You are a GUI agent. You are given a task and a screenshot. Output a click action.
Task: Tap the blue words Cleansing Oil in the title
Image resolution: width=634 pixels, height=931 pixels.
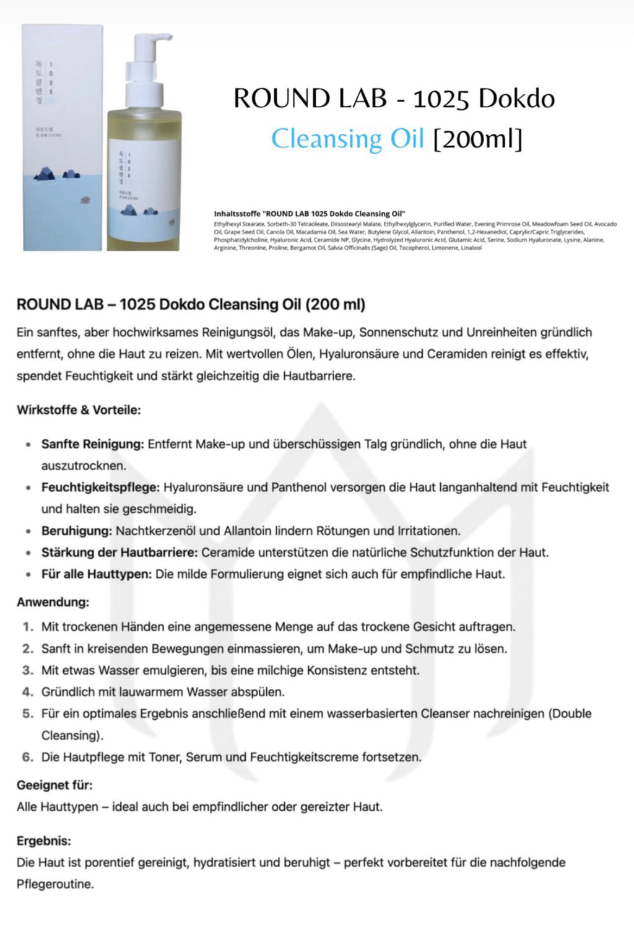[x=347, y=138]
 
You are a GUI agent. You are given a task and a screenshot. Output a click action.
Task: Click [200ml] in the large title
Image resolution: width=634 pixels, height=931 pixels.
[x=477, y=138]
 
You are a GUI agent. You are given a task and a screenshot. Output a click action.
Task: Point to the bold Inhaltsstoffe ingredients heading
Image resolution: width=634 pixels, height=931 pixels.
[x=310, y=214]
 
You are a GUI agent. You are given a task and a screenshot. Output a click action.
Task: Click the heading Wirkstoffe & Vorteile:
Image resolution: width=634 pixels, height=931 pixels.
[x=79, y=410]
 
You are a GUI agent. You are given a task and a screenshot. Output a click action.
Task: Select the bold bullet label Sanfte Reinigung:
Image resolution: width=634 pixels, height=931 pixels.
[x=92, y=444]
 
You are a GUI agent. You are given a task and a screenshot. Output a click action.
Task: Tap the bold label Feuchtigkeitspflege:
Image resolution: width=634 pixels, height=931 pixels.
[x=100, y=487]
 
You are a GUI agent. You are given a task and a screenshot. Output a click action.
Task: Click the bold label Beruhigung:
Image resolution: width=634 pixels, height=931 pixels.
[x=77, y=531]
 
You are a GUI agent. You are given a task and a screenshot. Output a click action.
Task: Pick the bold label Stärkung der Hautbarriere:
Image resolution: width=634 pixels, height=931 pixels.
[x=119, y=553]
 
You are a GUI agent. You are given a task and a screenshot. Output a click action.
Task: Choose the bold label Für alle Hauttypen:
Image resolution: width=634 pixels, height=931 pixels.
[x=96, y=574]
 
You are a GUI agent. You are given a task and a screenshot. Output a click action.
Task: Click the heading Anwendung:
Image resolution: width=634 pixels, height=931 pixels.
[x=53, y=602]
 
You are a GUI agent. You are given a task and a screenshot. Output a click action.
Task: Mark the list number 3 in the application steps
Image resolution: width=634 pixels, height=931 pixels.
[x=27, y=670]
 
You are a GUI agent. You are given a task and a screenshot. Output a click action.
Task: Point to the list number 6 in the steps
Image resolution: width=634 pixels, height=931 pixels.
[x=27, y=757]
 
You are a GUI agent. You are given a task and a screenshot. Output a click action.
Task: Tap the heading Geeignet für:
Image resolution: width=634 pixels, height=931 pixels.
[x=54, y=785]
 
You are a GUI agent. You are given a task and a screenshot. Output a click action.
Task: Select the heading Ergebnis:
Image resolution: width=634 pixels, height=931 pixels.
[x=43, y=841]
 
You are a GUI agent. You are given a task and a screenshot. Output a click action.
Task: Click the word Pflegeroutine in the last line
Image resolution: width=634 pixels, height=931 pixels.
[x=54, y=884]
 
